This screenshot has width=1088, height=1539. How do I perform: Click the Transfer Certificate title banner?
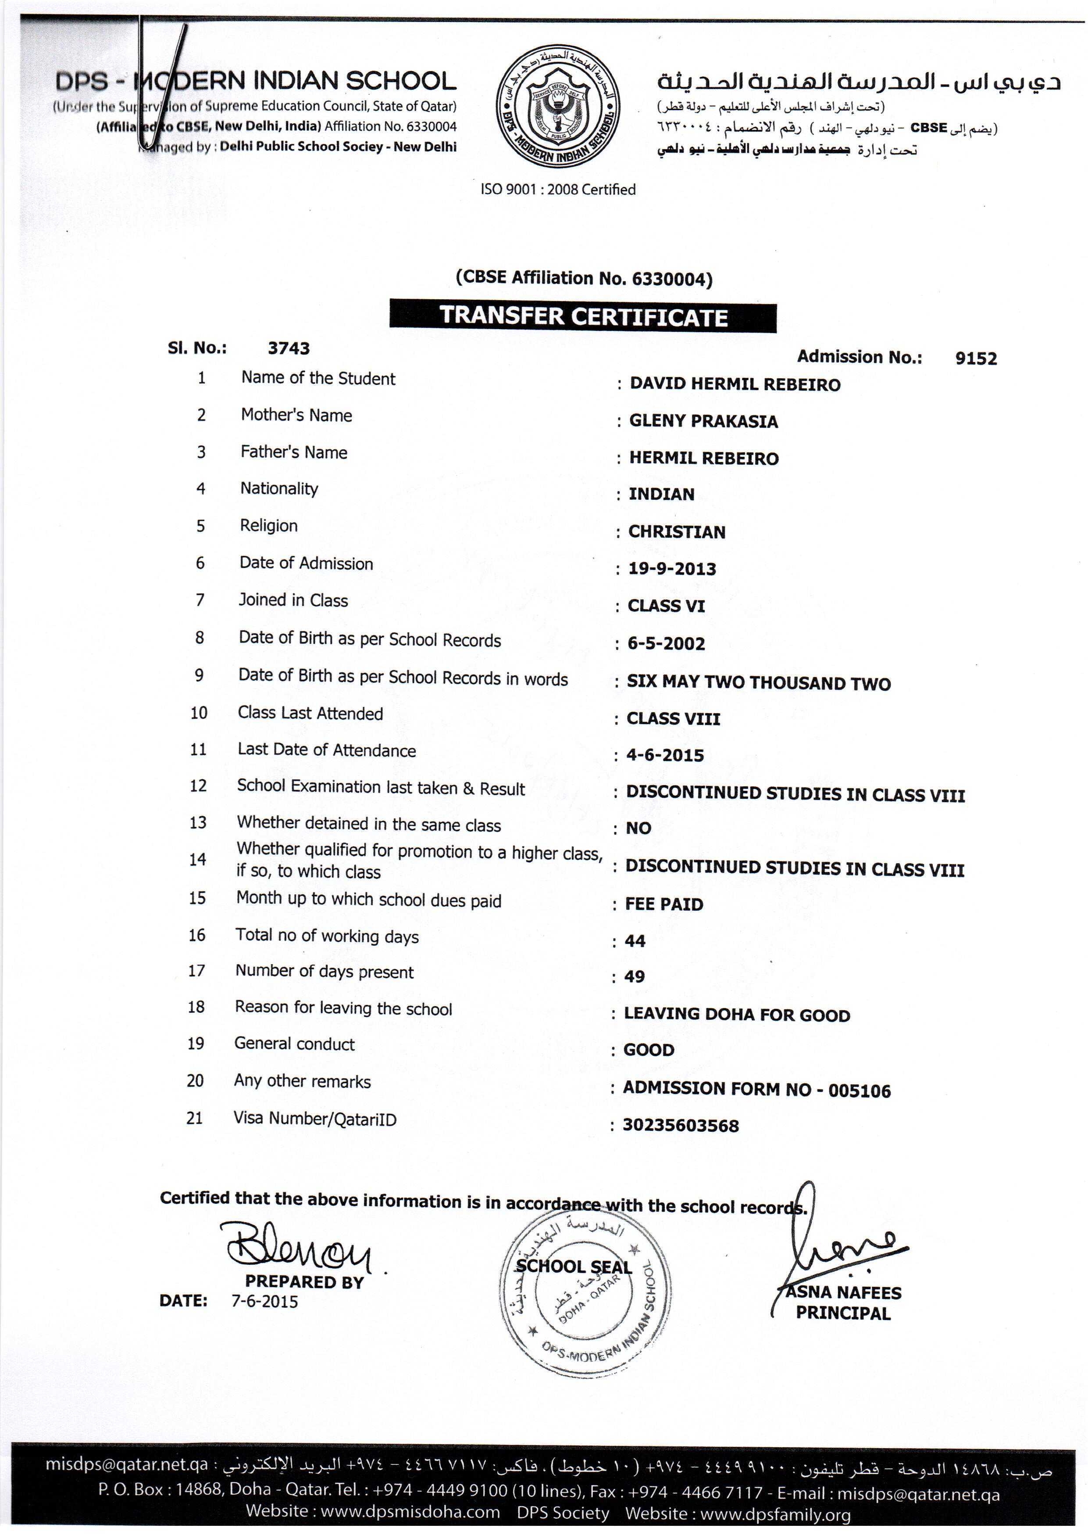tap(583, 317)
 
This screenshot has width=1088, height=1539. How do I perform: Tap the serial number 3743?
tap(289, 348)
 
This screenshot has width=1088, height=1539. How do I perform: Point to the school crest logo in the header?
tap(557, 109)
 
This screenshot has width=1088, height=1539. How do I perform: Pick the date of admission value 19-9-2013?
tap(672, 569)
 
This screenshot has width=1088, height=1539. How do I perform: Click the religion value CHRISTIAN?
tap(677, 532)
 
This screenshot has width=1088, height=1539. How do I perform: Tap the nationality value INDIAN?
tap(661, 495)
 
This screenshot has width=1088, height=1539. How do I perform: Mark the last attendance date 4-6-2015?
tap(665, 755)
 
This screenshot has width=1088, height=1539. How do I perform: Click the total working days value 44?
tap(635, 941)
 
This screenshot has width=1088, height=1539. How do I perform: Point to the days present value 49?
tap(635, 976)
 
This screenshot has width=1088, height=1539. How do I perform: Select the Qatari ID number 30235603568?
tap(681, 1126)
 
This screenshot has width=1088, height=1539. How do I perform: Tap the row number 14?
tap(197, 860)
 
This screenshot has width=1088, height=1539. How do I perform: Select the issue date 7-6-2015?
tap(264, 1302)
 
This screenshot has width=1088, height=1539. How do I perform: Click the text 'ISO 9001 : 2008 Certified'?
tap(557, 190)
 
